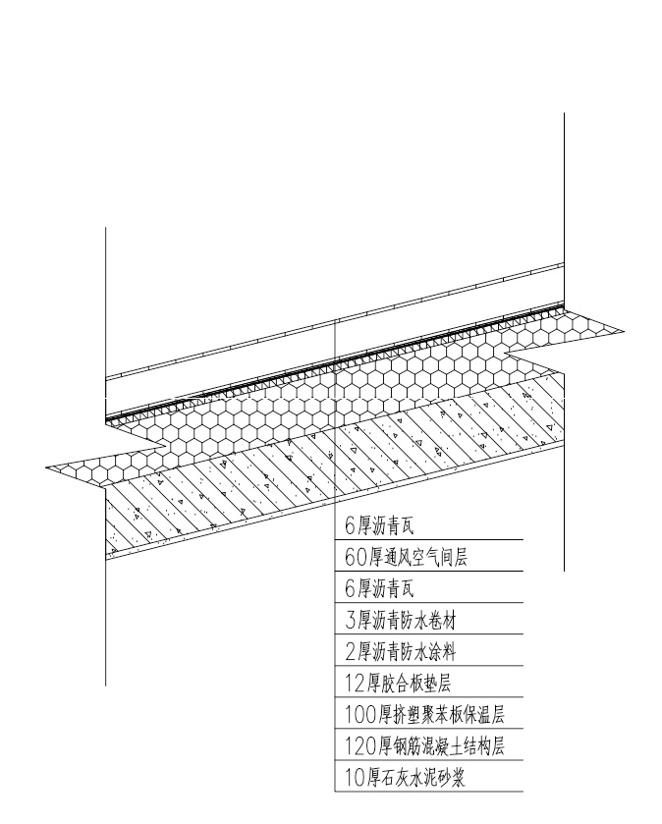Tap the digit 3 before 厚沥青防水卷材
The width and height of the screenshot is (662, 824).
pyautogui.click(x=350, y=621)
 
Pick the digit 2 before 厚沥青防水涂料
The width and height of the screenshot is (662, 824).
pyautogui.click(x=350, y=651)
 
